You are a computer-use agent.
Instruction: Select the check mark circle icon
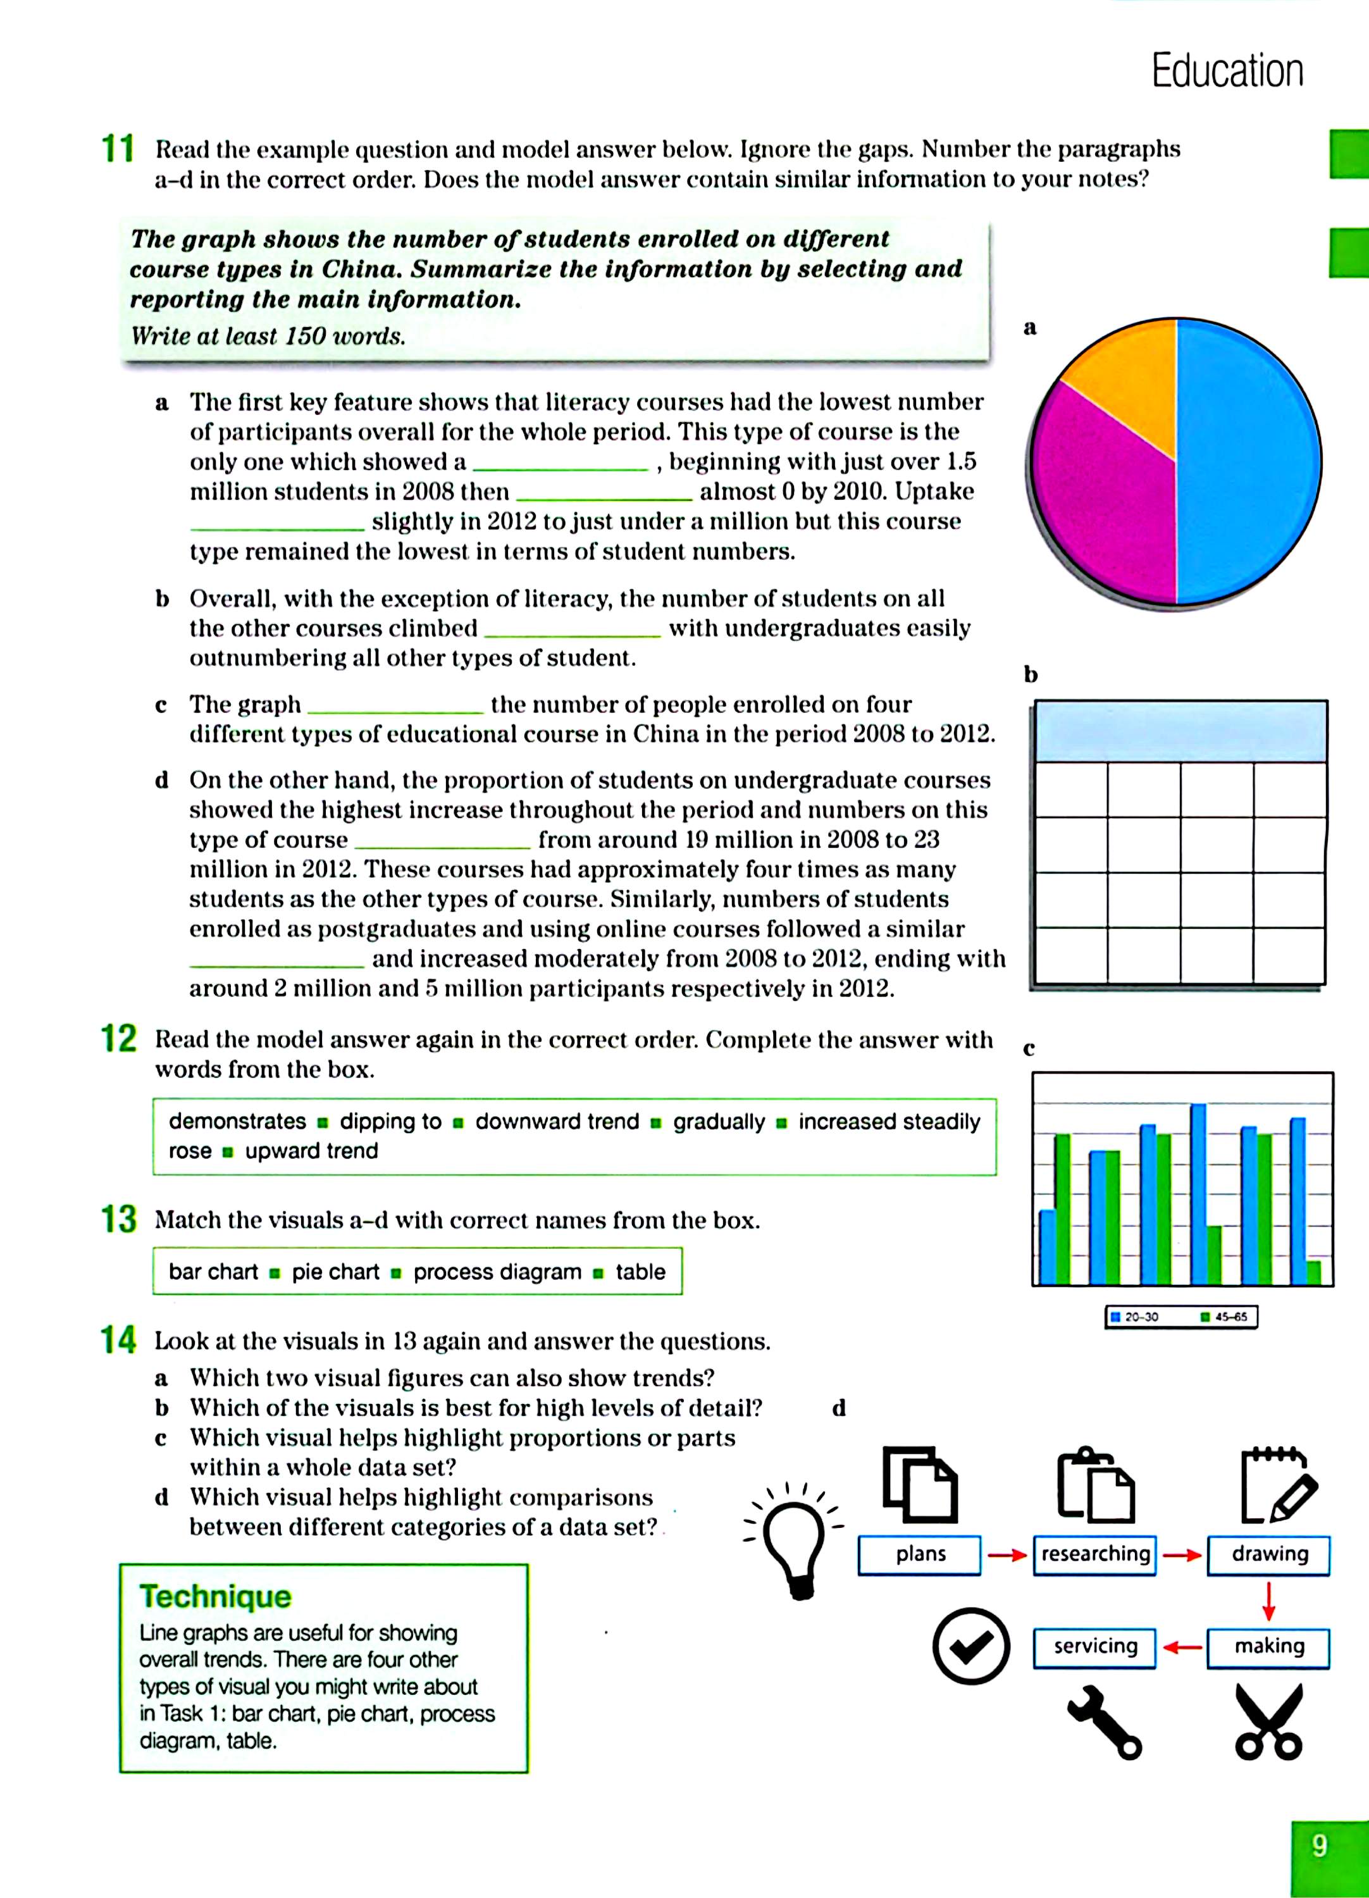coord(970,1646)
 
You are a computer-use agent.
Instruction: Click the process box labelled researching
coord(1094,1554)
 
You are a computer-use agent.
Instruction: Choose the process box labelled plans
coord(920,1554)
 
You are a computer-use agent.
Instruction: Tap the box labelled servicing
coord(1094,1646)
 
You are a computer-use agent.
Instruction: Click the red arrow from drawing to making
coord(1268,1601)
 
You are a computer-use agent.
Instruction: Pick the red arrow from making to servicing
coord(1182,1647)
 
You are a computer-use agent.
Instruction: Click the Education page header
coord(1227,70)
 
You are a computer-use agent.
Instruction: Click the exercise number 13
coord(119,1219)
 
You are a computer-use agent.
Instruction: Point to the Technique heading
coord(215,1596)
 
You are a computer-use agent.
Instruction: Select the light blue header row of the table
coord(1180,731)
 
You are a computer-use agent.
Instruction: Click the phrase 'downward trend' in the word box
coord(557,1121)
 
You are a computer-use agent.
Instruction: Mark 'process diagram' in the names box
coord(497,1272)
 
